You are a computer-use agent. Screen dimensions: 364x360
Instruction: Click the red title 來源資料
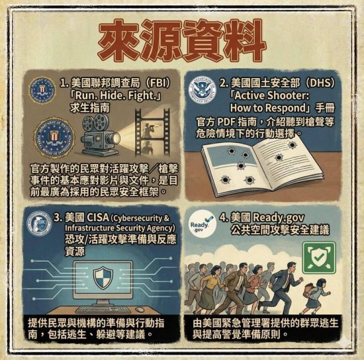182,40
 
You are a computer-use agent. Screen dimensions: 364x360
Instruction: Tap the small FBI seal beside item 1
42,90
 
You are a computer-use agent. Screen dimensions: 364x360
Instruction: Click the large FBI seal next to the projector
54,138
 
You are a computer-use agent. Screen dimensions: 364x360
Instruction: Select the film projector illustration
101,135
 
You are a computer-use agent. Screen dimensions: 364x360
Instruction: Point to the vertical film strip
152,133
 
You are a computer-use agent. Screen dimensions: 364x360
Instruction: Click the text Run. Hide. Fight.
116,95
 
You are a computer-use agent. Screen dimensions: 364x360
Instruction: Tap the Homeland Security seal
202,90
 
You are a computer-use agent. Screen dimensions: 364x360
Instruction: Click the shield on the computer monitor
103,278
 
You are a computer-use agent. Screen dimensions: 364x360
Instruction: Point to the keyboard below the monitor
102,310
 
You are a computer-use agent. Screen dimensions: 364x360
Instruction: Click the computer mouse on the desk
140,310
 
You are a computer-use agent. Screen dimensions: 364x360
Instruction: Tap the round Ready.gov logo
201,225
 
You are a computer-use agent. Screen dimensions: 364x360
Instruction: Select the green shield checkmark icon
319,257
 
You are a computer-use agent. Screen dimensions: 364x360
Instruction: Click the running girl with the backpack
316,296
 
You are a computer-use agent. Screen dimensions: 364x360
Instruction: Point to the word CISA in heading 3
98,218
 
